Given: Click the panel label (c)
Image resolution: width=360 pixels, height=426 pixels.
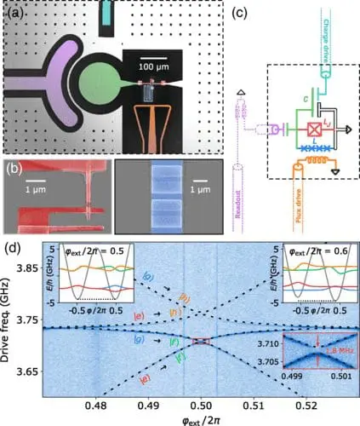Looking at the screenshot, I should click(245, 12).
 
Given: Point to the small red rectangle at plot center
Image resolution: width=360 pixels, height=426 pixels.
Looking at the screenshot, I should click(201, 341).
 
